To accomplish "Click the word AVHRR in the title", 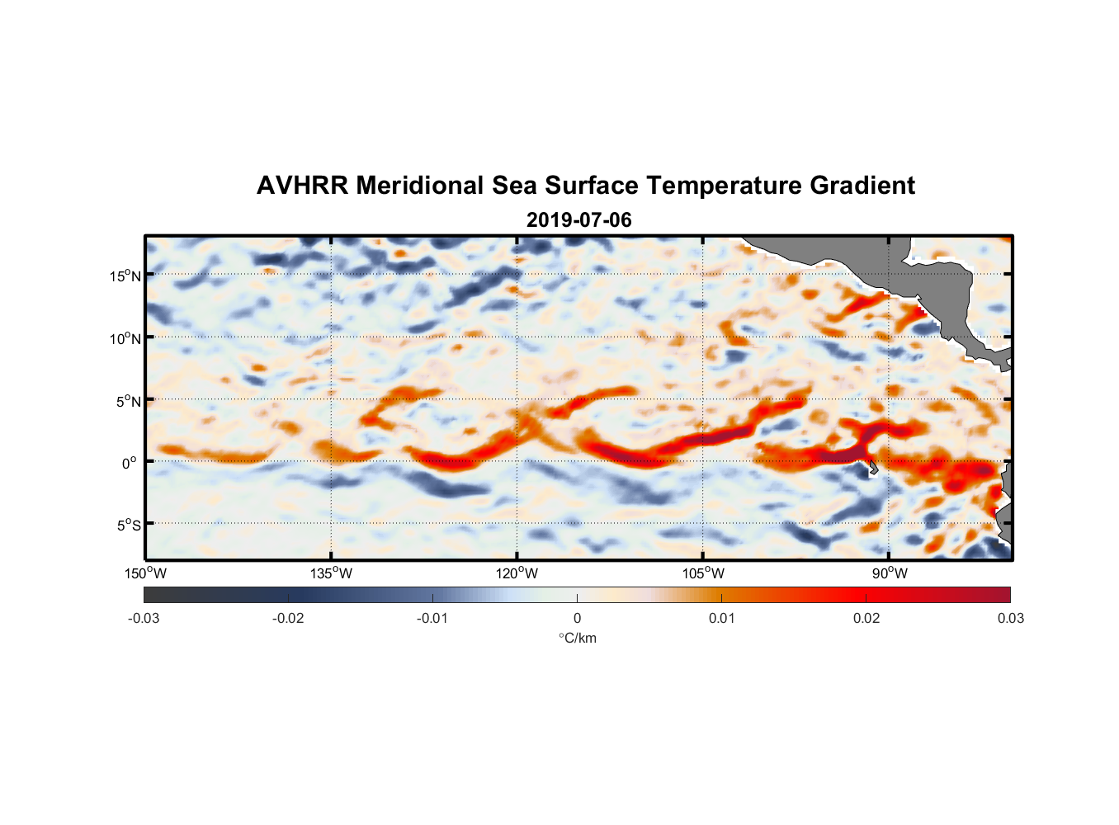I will point(302,186).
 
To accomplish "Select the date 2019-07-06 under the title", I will point(578,220).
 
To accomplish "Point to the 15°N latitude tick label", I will point(125,276).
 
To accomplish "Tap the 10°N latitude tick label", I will point(125,338).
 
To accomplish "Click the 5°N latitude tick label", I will point(127,401).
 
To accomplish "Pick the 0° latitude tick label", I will point(130,463).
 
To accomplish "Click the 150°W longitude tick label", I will point(145,573).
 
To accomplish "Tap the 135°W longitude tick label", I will point(331,573).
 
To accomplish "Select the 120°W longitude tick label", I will point(517,573).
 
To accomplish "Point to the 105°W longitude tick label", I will point(703,573).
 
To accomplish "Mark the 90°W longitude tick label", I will point(889,573).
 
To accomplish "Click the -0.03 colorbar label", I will point(144,618).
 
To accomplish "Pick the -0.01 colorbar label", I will point(432,618).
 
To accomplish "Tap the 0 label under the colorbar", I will point(577,618).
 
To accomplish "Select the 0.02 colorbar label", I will point(866,618).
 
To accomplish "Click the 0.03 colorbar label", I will point(1010,618).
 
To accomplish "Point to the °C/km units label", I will point(577,638).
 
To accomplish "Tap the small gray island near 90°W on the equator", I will point(872,468).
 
